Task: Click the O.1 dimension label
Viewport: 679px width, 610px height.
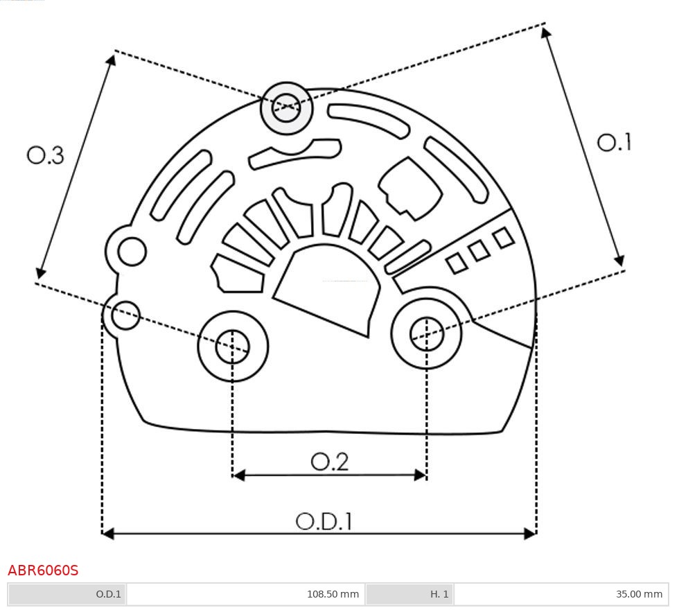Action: point(614,142)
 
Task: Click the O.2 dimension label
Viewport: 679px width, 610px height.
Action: point(329,462)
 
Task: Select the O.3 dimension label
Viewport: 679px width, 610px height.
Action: point(45,155)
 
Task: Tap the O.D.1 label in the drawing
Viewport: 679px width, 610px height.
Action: point(324,521)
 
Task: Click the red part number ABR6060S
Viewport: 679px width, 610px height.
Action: point(43,570)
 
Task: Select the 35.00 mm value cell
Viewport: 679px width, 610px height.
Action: point(561,594)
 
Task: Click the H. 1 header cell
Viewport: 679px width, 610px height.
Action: point(409,594)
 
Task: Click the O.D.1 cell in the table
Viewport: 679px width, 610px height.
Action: point(67,594)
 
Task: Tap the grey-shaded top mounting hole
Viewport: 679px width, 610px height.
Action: point(286,108)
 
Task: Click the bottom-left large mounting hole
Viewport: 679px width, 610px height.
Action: point(233,347)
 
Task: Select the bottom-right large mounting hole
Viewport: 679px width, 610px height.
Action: point(427,335)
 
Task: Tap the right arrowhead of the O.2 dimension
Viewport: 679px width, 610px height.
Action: point(421,475)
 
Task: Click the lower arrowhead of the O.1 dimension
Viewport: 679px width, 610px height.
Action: point(619,260)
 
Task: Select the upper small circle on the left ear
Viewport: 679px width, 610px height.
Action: point(132,252)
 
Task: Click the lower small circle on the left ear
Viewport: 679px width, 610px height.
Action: point(125,315)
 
